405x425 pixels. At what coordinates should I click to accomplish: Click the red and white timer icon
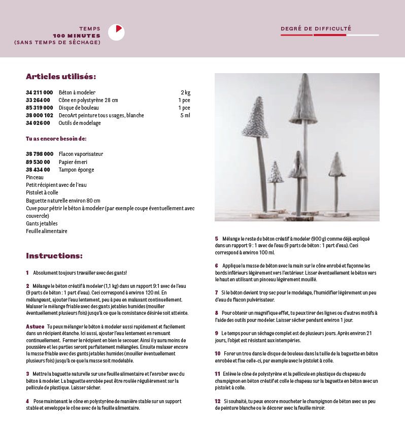pos(117,32)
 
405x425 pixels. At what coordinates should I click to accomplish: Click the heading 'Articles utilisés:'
pos(61,77)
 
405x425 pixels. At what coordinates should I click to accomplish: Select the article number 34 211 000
pos(39,92)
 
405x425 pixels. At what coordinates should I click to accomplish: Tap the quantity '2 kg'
pos(185,92)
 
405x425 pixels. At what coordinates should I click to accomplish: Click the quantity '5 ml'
pos(185,115)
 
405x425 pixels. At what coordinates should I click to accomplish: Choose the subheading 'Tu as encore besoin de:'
pos(56,138)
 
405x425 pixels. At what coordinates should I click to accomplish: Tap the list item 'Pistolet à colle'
pos(42,192)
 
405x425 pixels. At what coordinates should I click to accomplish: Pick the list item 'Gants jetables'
pos(42,223)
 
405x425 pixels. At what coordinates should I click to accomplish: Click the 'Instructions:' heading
pos(54,256)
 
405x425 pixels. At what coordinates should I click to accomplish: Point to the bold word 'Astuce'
pos(35,326)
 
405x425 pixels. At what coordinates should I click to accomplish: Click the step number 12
pos(218,401)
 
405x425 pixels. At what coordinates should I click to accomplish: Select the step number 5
pos(216,239)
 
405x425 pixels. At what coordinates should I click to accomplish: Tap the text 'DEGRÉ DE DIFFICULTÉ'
pos(316,29)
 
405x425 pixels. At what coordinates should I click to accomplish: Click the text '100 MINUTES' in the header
pos(77,36)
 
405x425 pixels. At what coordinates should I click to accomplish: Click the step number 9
pos(216,333)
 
